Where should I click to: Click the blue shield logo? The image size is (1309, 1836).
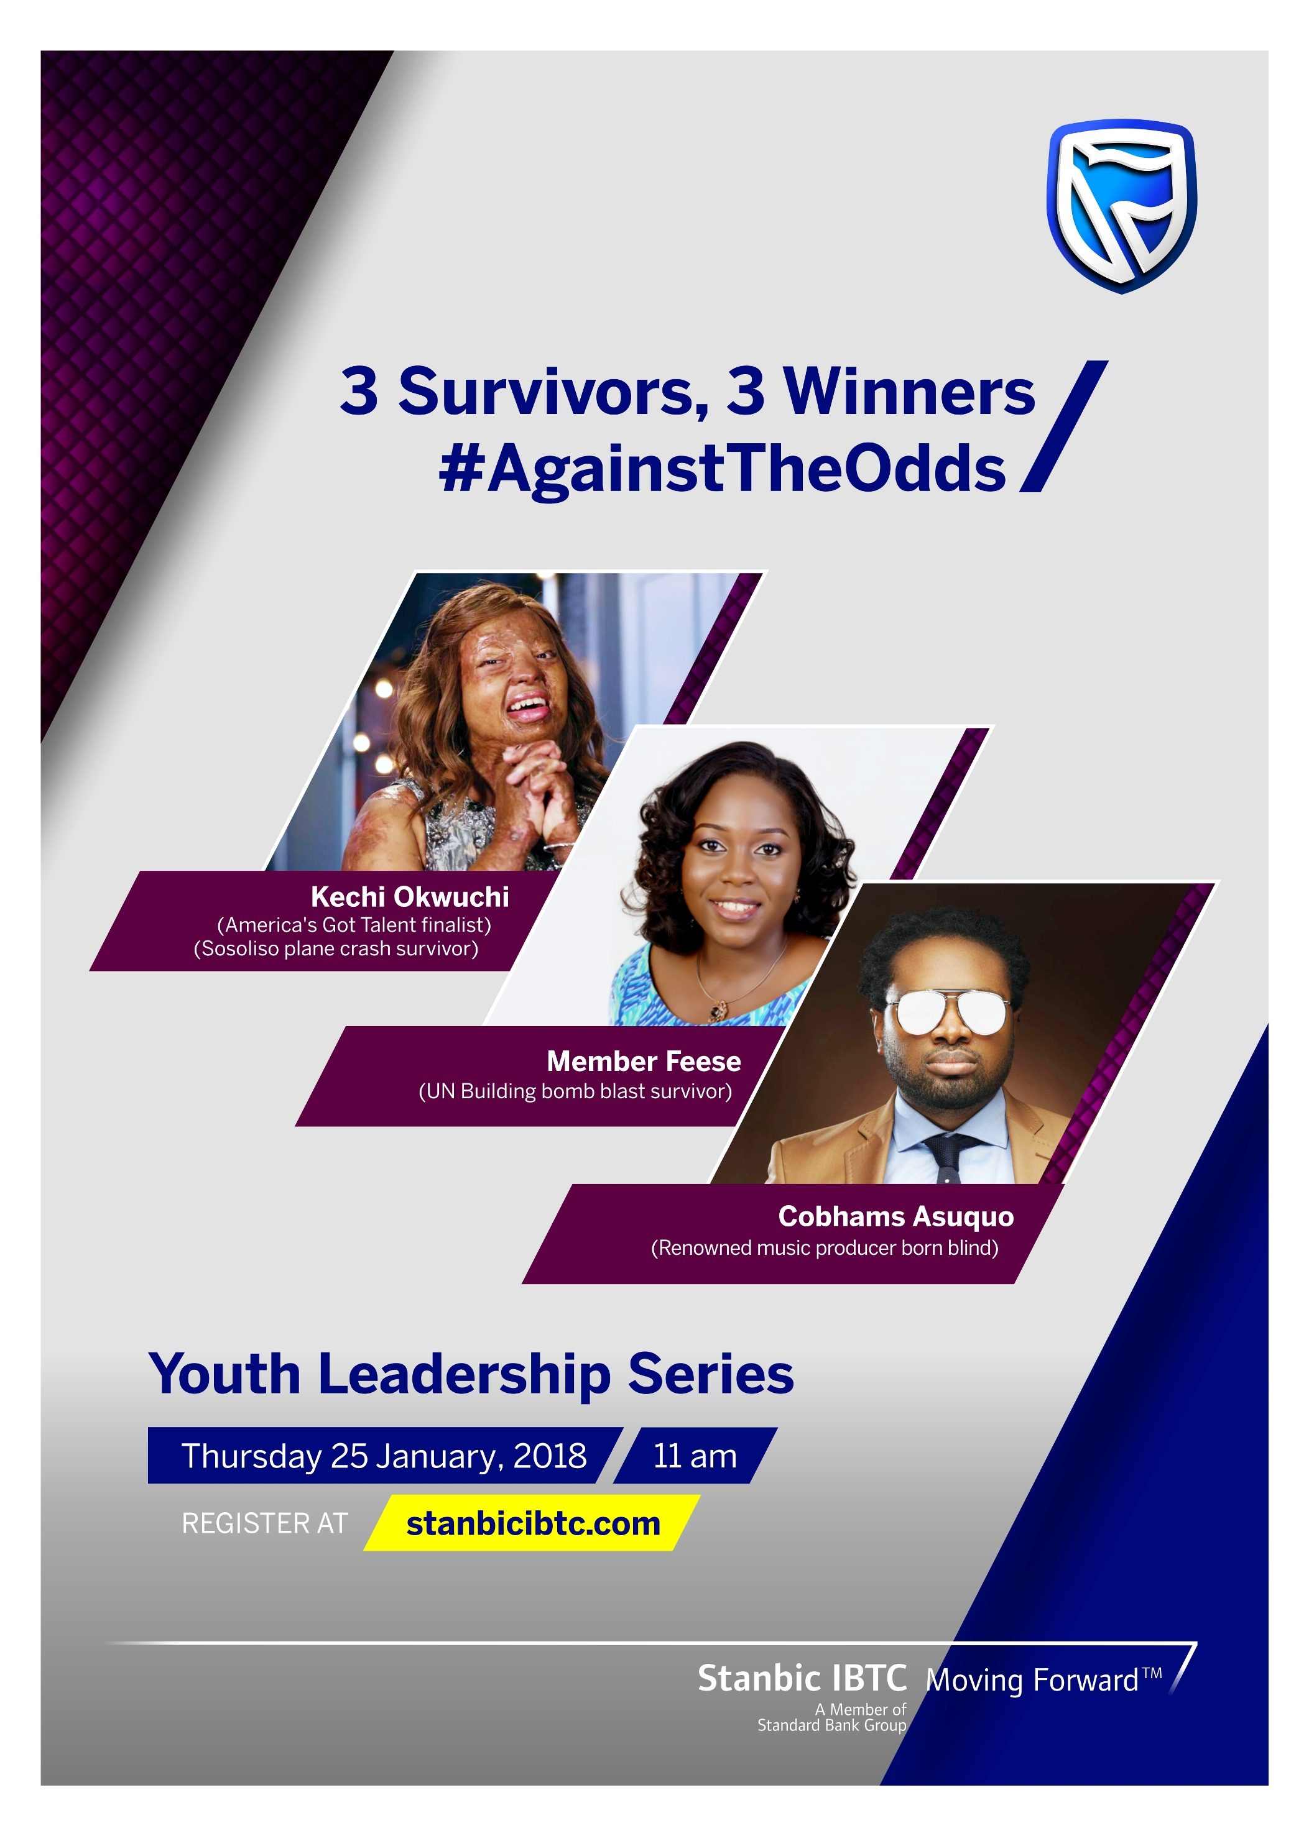click(1121, 206)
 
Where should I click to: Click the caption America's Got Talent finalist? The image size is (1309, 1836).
click(354, 925)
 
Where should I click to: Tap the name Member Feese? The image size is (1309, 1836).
click(644, 1061)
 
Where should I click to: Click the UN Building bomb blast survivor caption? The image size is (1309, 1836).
click(575, 1091)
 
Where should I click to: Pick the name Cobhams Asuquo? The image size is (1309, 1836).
click(895, 1216)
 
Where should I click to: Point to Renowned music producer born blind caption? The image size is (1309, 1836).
click(825, 1248)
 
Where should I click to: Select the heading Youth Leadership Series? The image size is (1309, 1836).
click(471, 1374)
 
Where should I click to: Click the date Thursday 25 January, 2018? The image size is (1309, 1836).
click(384, 1456)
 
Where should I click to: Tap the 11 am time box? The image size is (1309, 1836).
click(695, 1456)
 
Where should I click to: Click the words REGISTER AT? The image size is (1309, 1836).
click(264, 1523)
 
